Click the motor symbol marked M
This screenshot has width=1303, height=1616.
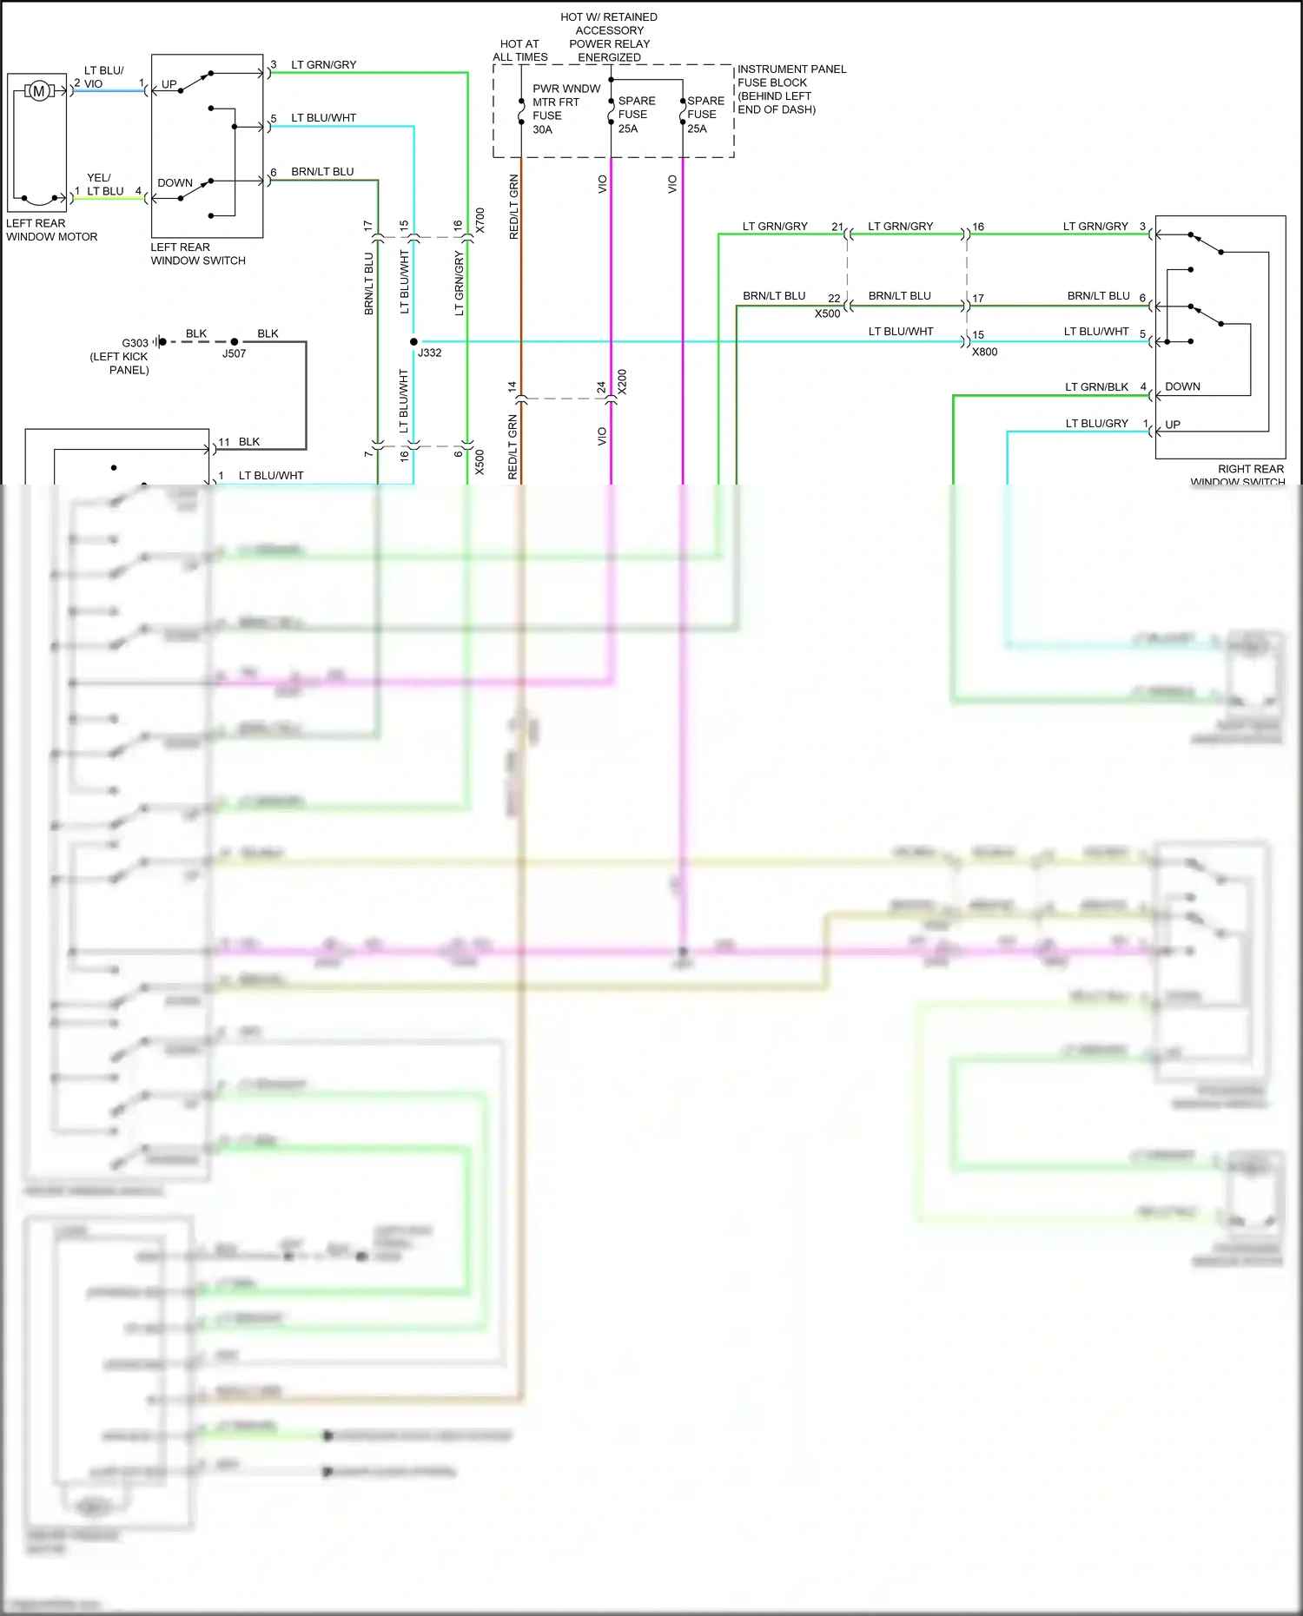click(x=38, y=90)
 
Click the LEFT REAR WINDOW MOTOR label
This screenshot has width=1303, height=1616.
click(x=51, y=230)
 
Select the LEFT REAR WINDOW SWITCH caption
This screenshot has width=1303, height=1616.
click(x=198, y=254)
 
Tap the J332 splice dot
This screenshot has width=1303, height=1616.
click(x=413, y=341)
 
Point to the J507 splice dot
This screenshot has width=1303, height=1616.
click(x=234, y=341)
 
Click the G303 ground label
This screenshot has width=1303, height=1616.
click(x=135, y=343)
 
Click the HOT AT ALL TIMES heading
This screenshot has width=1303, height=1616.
click(x=519, y=50)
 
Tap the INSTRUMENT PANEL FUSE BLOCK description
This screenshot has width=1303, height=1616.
click(x=790, y=89)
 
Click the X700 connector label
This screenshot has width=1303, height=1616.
click(x=480, y=221)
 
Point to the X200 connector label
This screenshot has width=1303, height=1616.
click(x=622, y=382)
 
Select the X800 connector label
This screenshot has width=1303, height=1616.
click(x=984, y=352)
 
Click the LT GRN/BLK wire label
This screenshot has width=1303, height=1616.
click(x=1096, y=387)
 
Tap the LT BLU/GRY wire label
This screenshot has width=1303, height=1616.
click(x=1096, y=424)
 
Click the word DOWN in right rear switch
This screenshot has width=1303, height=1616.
click(x=1181, y=386)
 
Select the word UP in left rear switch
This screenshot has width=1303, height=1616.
click(x=169, y=84)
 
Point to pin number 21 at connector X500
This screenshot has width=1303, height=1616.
click(x=837, y=227)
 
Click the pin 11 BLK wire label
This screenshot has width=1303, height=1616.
click(x=248, y=442)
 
